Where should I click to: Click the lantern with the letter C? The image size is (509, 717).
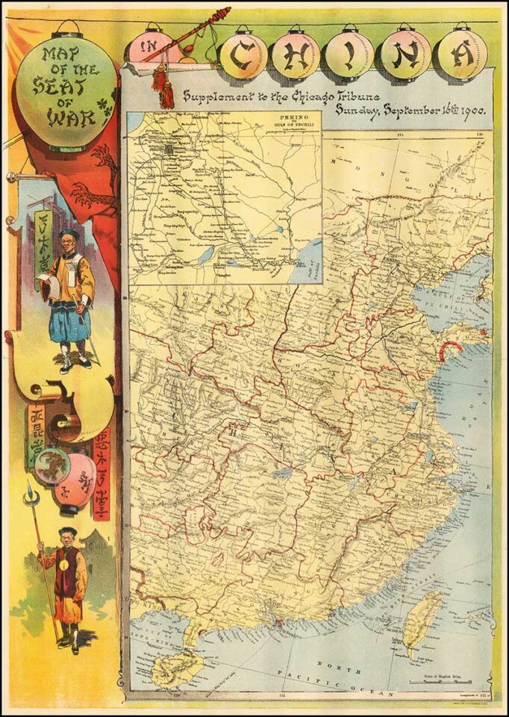click(243, 55)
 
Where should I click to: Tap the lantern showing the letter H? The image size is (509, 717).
click(296, 55)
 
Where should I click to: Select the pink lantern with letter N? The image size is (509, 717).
click(404, 55)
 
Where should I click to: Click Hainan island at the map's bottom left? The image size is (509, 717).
click(176, 667)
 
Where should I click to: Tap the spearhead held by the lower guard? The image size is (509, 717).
click(31, 494)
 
